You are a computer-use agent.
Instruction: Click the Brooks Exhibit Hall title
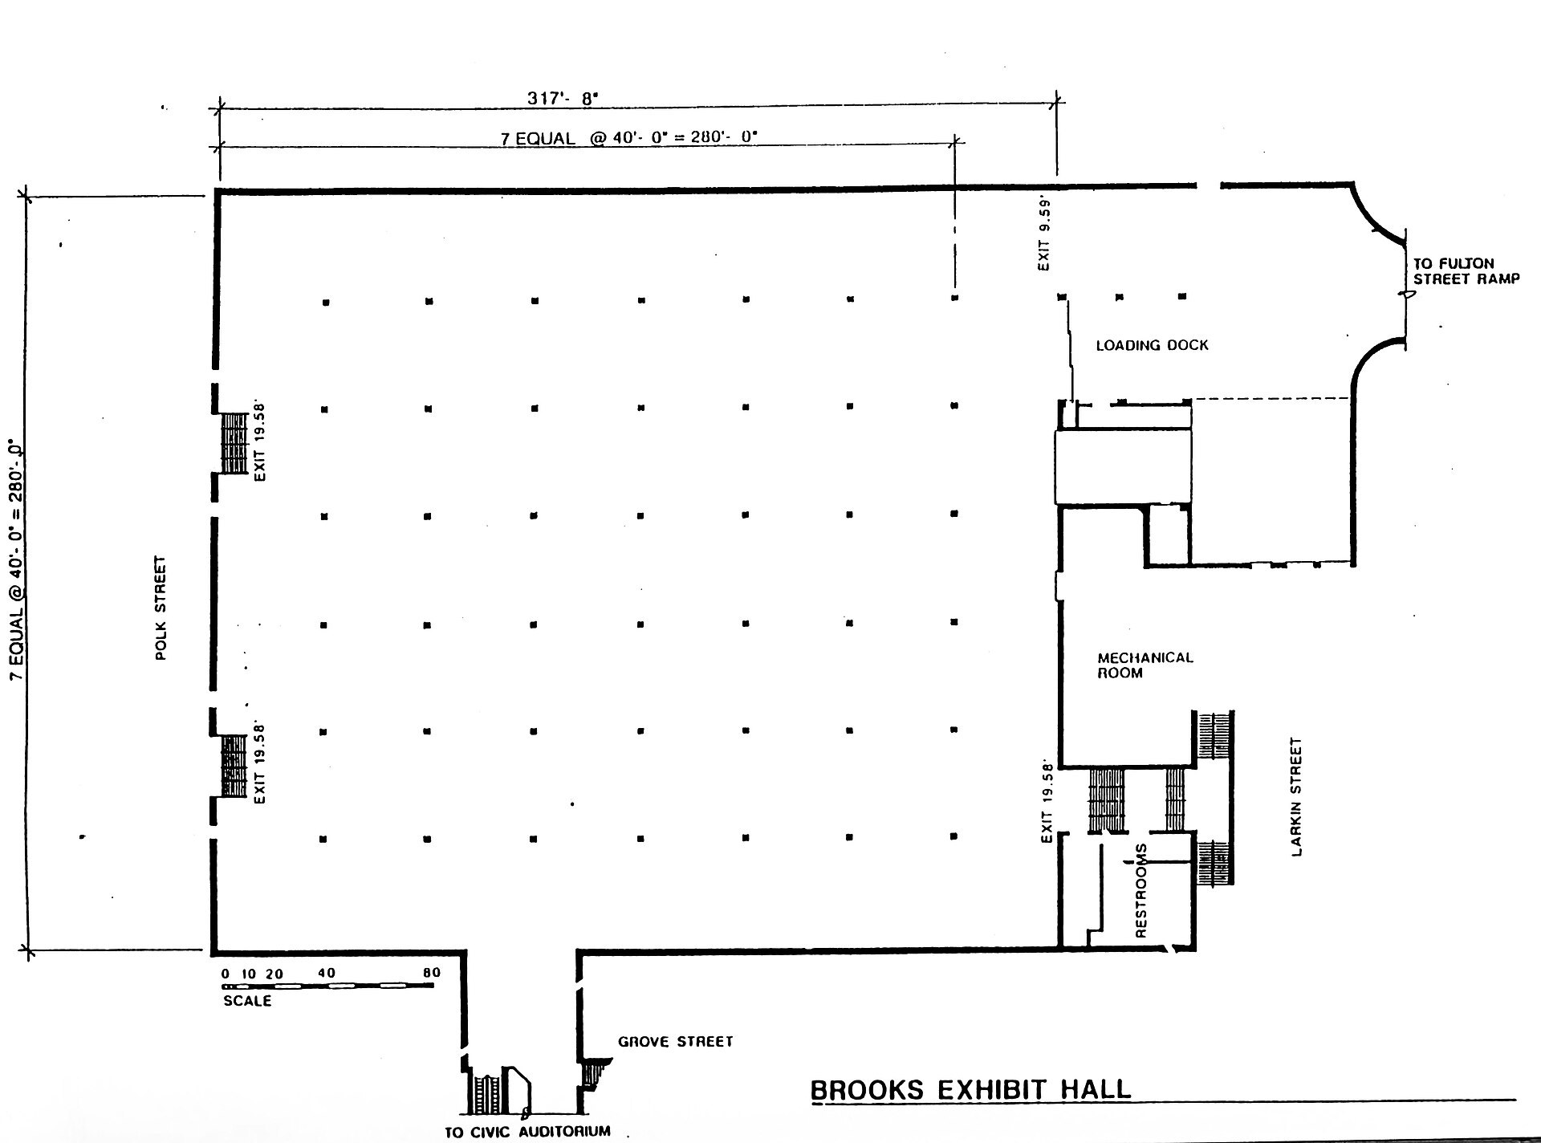pyautogui.click(x=970, y=1090)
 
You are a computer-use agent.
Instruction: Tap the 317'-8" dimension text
pyautogui.click(x=563, y=98)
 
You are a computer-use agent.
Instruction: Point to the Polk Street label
pyautogui.click(x=161, y=608)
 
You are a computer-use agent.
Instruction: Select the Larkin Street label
pyautogui.click(x=1296, y=797)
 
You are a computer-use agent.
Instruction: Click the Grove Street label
pyautogui.click(x=676, y=1041)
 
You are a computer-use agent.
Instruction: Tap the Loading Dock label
pyautogui.click(x=1152, y=345)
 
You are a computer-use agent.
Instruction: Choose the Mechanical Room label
pyautogui.click(x=1145, y=665)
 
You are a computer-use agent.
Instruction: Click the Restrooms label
pyautogui.click(x=1141, y=890)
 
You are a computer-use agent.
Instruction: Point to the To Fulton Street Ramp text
pyautogui.click(x=1466, y=271)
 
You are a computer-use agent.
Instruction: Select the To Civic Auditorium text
pyautogui.click(x=527, y=1132)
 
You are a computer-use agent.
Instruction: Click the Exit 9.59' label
pyautogui.click(x=1043, y=233)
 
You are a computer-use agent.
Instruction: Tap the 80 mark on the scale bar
pyautogui.click(x=432, y=973)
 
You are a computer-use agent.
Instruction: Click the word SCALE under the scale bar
pyautogui.click(x=247, y=1001)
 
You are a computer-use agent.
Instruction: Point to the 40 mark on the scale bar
pyautogui.click(x=327, y=973)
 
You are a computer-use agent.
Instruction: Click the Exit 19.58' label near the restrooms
pyautogui.click(x=1046, y=801)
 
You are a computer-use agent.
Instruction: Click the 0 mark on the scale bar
pyautogui.click(x=226, y=974)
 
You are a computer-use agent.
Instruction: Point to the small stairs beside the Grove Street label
pyautogui.click(x=596, y=1074)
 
